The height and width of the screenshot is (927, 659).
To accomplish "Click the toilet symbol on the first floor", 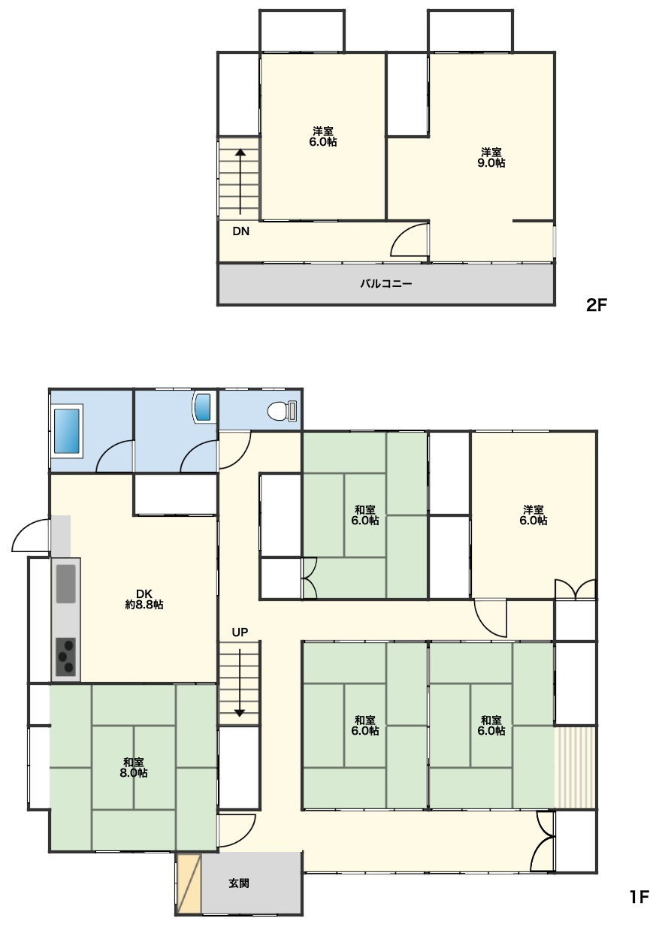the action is click(283, 412).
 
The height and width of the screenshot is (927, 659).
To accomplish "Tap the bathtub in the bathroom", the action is click(67, 430).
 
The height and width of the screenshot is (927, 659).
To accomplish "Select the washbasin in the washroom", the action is click(202, 407).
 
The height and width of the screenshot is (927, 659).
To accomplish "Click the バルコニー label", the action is click(385, 284).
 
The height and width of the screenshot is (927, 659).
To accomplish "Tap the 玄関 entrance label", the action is click(239, 883).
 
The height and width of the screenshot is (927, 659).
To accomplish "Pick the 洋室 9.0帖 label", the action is click(491, 157).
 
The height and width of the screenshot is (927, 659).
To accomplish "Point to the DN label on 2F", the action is click(241, 231).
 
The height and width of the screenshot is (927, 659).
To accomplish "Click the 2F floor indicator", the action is click(596, 306).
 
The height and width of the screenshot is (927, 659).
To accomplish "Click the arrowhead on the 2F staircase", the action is click(240, 152).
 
